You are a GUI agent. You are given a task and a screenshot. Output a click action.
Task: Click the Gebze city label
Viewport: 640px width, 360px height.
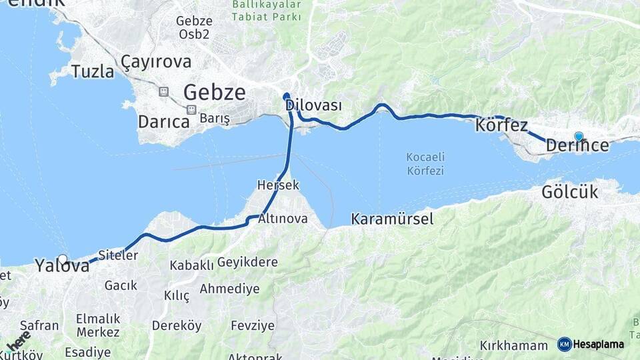pos(214,93)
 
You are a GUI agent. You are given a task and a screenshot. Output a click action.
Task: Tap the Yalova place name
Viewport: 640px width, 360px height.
pos(62,266)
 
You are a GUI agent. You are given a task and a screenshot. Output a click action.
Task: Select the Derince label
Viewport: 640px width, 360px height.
pos(577,145)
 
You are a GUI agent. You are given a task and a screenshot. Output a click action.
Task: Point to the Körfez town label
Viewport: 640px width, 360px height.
pos(501,125)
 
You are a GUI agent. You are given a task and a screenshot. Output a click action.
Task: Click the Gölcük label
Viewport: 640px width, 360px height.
pos(569,193)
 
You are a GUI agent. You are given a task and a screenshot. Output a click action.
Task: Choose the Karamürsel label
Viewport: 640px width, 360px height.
pos(392,219)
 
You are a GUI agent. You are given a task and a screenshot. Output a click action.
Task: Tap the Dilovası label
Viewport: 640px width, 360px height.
pos(313,105)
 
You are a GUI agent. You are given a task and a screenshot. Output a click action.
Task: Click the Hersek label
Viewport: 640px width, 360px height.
pos(278,185)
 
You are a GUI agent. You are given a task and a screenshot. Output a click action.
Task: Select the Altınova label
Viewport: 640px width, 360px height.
pos(283,218)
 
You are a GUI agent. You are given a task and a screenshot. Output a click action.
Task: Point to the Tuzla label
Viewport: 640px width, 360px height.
pos(93,71)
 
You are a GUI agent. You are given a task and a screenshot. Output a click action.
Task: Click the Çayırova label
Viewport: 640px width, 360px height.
pos(156,62)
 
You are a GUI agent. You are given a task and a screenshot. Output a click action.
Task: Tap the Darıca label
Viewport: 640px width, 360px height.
pos(163,122)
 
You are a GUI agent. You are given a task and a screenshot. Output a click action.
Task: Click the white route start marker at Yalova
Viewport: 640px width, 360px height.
pos(63,259)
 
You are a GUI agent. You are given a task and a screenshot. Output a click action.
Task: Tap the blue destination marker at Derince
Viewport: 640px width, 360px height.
pos(579,137)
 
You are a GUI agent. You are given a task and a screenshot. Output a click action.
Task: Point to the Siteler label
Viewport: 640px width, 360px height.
pos(117,255)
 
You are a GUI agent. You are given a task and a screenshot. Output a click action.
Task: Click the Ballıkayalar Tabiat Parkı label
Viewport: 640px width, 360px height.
pos(267,10)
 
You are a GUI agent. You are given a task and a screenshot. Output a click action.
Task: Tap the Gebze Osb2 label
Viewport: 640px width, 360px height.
pos(194,27)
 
